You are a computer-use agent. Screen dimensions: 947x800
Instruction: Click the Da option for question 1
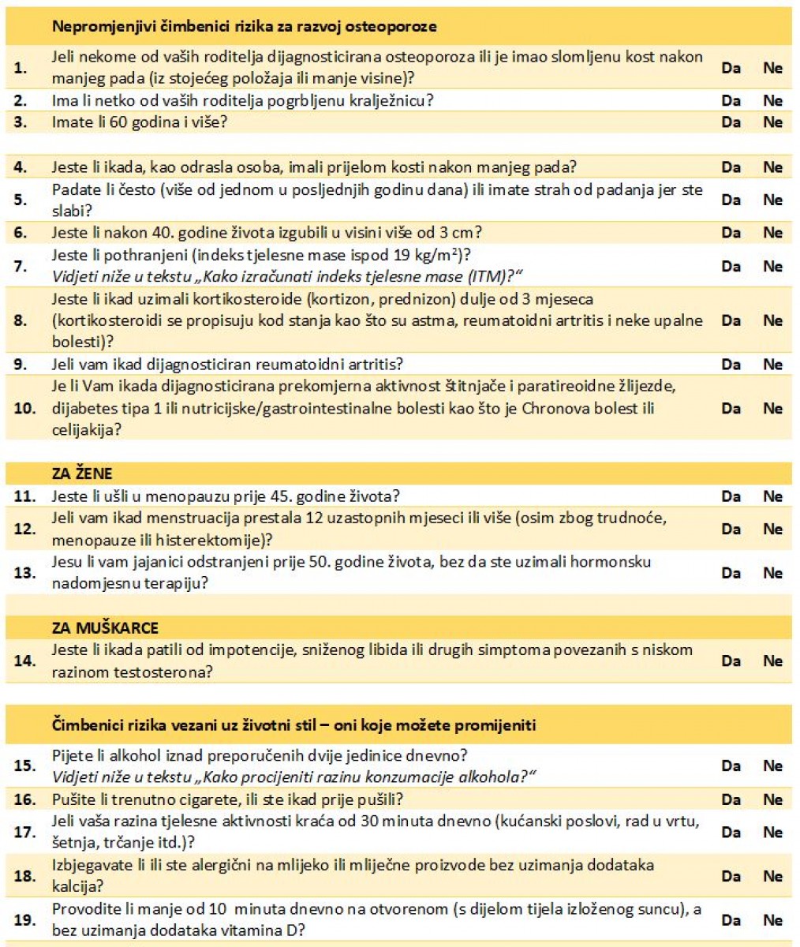point(731,68)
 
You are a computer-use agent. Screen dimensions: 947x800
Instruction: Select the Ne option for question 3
point(772,122)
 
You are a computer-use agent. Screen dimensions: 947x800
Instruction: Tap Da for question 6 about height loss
point(731,233)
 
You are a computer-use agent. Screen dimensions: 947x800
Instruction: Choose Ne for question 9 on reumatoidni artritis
point(772,365)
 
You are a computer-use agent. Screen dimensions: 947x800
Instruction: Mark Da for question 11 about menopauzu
point(731,496)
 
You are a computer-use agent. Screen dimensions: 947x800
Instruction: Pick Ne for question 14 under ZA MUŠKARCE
point(772,661)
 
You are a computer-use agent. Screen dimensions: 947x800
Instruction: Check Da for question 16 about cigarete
point(731,799)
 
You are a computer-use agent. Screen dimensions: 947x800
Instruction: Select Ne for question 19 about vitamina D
point(772,920)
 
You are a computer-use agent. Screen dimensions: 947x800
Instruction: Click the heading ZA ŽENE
point(82,473)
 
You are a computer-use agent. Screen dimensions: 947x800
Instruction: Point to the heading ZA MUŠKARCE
point(105,628)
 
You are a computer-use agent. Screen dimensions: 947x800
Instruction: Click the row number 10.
point(24,409)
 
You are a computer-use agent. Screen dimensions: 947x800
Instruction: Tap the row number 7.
point(21,266)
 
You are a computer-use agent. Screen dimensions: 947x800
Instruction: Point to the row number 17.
point(24,832)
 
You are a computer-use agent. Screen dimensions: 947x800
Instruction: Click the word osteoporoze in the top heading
point(396,26)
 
